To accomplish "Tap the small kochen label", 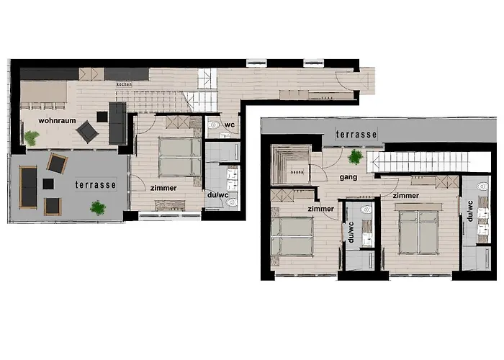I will pyautogui.click(x=123, y=84).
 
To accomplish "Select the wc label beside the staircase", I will pyautogui.click(x=230, y=124).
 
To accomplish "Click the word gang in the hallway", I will pyautogui.click(x=330, y=176).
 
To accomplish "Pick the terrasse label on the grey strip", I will pyautogui.click(x=356, y=135).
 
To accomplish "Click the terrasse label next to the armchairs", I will pyautogui.click(x=96, y=184).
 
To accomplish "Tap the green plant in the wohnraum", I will pyautogui.click(x=32, y=137).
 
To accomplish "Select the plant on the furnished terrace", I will pyautogui.click(x=98, y=208).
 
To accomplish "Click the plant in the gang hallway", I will pyautogui.click(x=355, y=156).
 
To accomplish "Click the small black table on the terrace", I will pyautogui.click(x=48, y=184).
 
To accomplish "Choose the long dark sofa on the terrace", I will pyautogui.click(x=27, y=186).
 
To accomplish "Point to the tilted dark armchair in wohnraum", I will pyautogui.click(x=87, y=131).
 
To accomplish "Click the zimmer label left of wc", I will pyautogui.click(x=164, y=188).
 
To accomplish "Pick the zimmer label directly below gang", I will pyautogui.click(x=320, y=209).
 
